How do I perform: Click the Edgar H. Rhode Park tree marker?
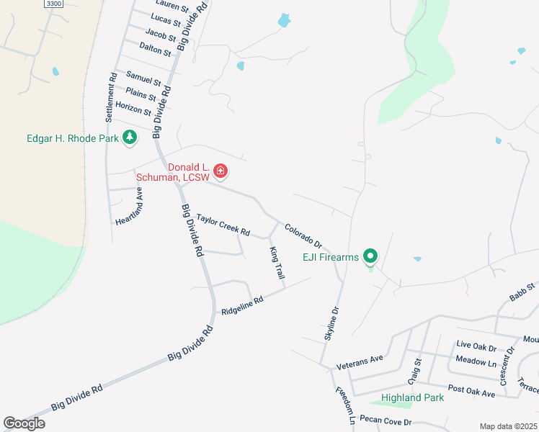tap(130, 137)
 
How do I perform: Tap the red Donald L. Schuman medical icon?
tap(220, 171)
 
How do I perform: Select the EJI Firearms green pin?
tap(370, 256)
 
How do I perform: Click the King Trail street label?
tap(277, 263)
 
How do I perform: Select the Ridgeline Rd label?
tap(243, 306)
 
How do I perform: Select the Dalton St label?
tap(157, 49)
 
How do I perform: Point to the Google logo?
tap(24, 424)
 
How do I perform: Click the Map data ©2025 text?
tap(508, 426)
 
